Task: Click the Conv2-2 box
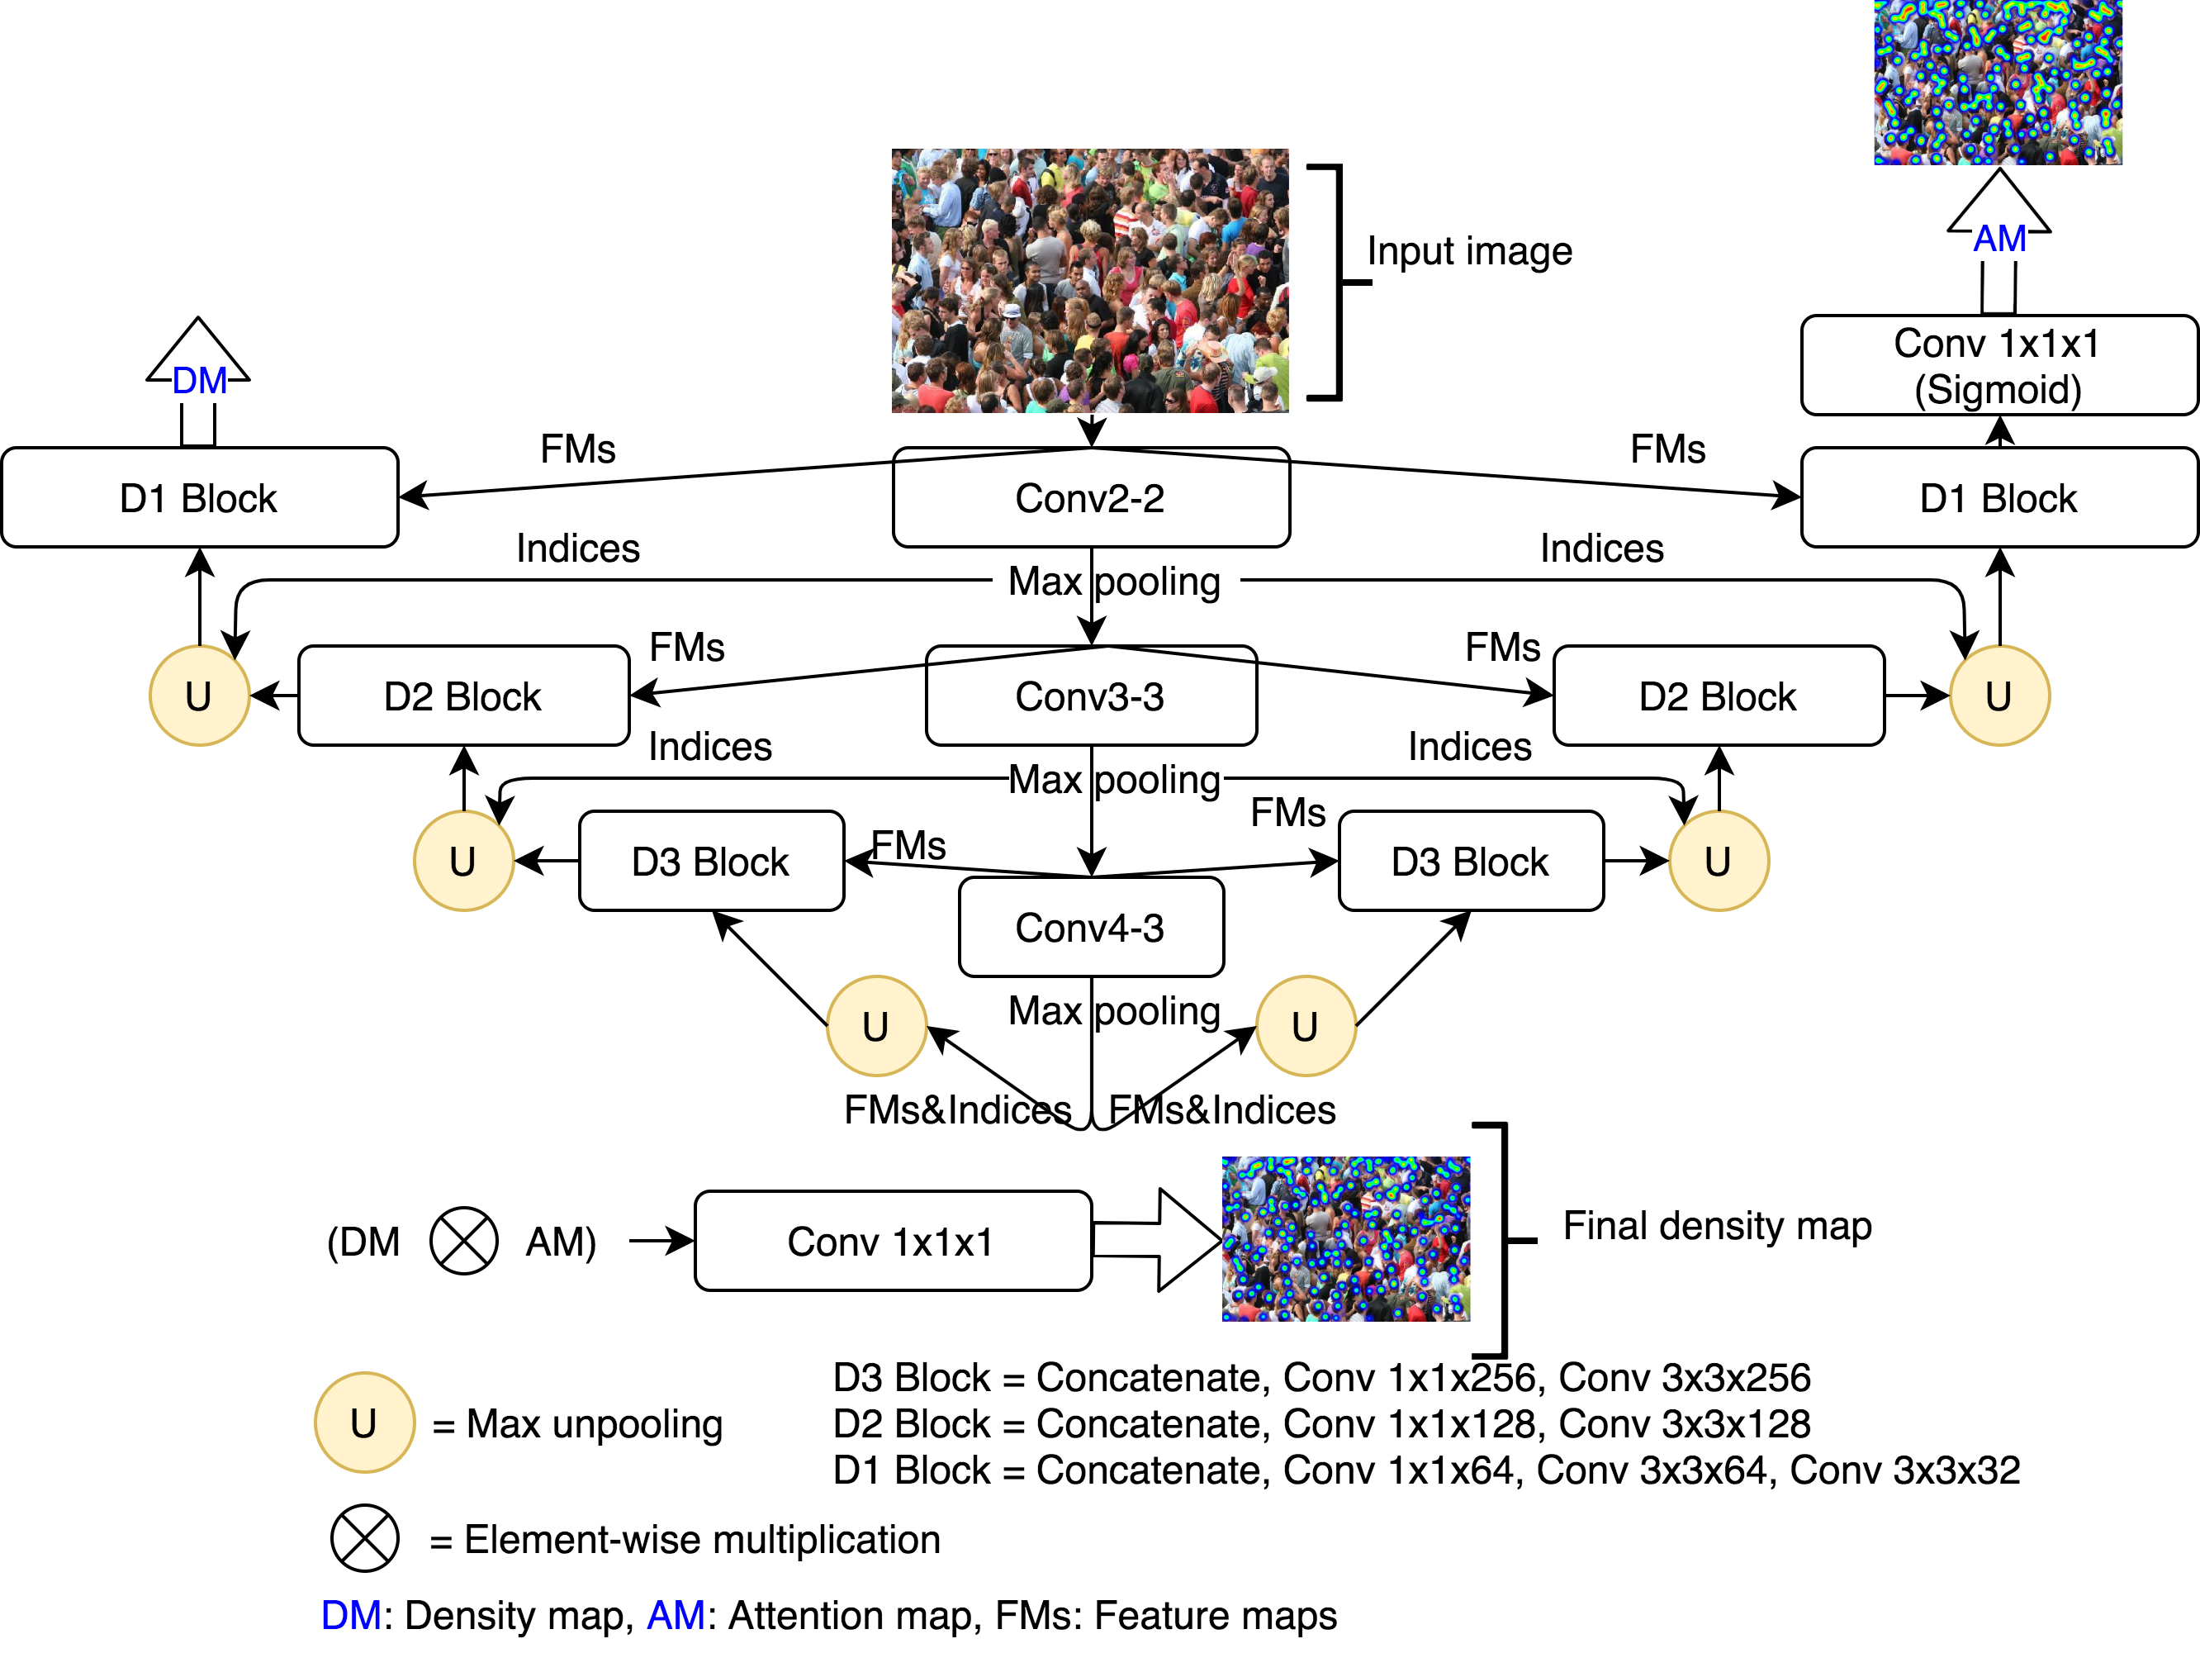(1091, 497)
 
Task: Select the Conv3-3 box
(1091, 696)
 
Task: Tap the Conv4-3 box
(1091, 928)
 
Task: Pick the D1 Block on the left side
(199, 497)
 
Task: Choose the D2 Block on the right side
(1719, 696)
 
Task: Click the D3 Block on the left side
(710, 862)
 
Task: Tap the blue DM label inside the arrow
(199, 381)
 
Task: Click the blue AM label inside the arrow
(1999, 239)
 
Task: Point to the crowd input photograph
(1089, 281)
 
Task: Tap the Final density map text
(1716, 1226)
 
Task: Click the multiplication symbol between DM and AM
(463, 1241)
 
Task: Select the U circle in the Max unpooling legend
(364, 1423)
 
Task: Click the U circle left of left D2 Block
(199, 696)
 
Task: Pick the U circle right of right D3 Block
(1719, 861)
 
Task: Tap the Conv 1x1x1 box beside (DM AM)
(892, 1241)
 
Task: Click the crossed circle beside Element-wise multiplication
(364, 1539)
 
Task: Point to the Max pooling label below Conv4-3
(1112, 1011)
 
